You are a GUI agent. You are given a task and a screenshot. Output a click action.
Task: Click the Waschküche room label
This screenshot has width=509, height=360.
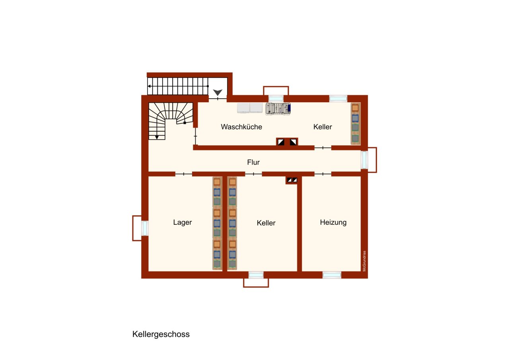click(x=241, y=127)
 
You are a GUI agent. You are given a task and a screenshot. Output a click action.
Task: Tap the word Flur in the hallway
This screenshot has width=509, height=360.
click(x=253, y=162)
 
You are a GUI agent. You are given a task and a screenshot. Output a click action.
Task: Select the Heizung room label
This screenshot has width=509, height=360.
click(x=333, y=222)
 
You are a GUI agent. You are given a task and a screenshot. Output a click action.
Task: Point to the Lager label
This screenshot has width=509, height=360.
click(x=183, y=222)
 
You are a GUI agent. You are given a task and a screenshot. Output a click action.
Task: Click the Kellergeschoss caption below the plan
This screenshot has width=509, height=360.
click(x=161, y=334)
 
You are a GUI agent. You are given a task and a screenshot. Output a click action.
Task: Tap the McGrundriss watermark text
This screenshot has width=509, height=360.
click(x=364, y=261)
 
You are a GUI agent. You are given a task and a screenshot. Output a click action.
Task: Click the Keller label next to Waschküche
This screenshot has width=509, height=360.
click(x=322, y=127)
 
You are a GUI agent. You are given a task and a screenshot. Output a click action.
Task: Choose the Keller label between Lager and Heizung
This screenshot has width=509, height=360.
click(x=266, y=223)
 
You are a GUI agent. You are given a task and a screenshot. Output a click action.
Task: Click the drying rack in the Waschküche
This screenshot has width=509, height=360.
click(x=278, y=108)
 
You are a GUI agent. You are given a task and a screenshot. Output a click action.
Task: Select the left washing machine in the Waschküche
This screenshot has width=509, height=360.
click(x=243, y=108)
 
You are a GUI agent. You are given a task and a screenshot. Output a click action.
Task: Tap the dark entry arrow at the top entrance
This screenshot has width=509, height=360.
click(x=218, y=93)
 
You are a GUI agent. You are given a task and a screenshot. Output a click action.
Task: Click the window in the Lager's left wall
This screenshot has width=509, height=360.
click(x=145, y=228)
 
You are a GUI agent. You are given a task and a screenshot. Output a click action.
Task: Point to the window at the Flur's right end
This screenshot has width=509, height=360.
click(x=364, y=160)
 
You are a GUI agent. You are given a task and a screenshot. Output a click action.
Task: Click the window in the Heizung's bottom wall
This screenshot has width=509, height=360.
click(x=332, y=274)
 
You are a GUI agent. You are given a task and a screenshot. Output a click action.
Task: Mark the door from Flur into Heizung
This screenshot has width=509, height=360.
click(x=322, y=174)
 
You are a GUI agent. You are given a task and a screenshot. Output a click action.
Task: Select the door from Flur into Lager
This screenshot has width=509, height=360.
click(x=183, y=174)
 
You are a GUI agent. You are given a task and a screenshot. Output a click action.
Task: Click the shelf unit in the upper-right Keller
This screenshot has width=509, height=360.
click(x=355, y=123)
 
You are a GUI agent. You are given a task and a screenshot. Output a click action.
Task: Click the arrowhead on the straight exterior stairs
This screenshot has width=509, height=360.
click(x=149, y=86)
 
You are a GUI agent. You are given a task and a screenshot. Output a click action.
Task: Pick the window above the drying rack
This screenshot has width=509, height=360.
click(x=276, y=98)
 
